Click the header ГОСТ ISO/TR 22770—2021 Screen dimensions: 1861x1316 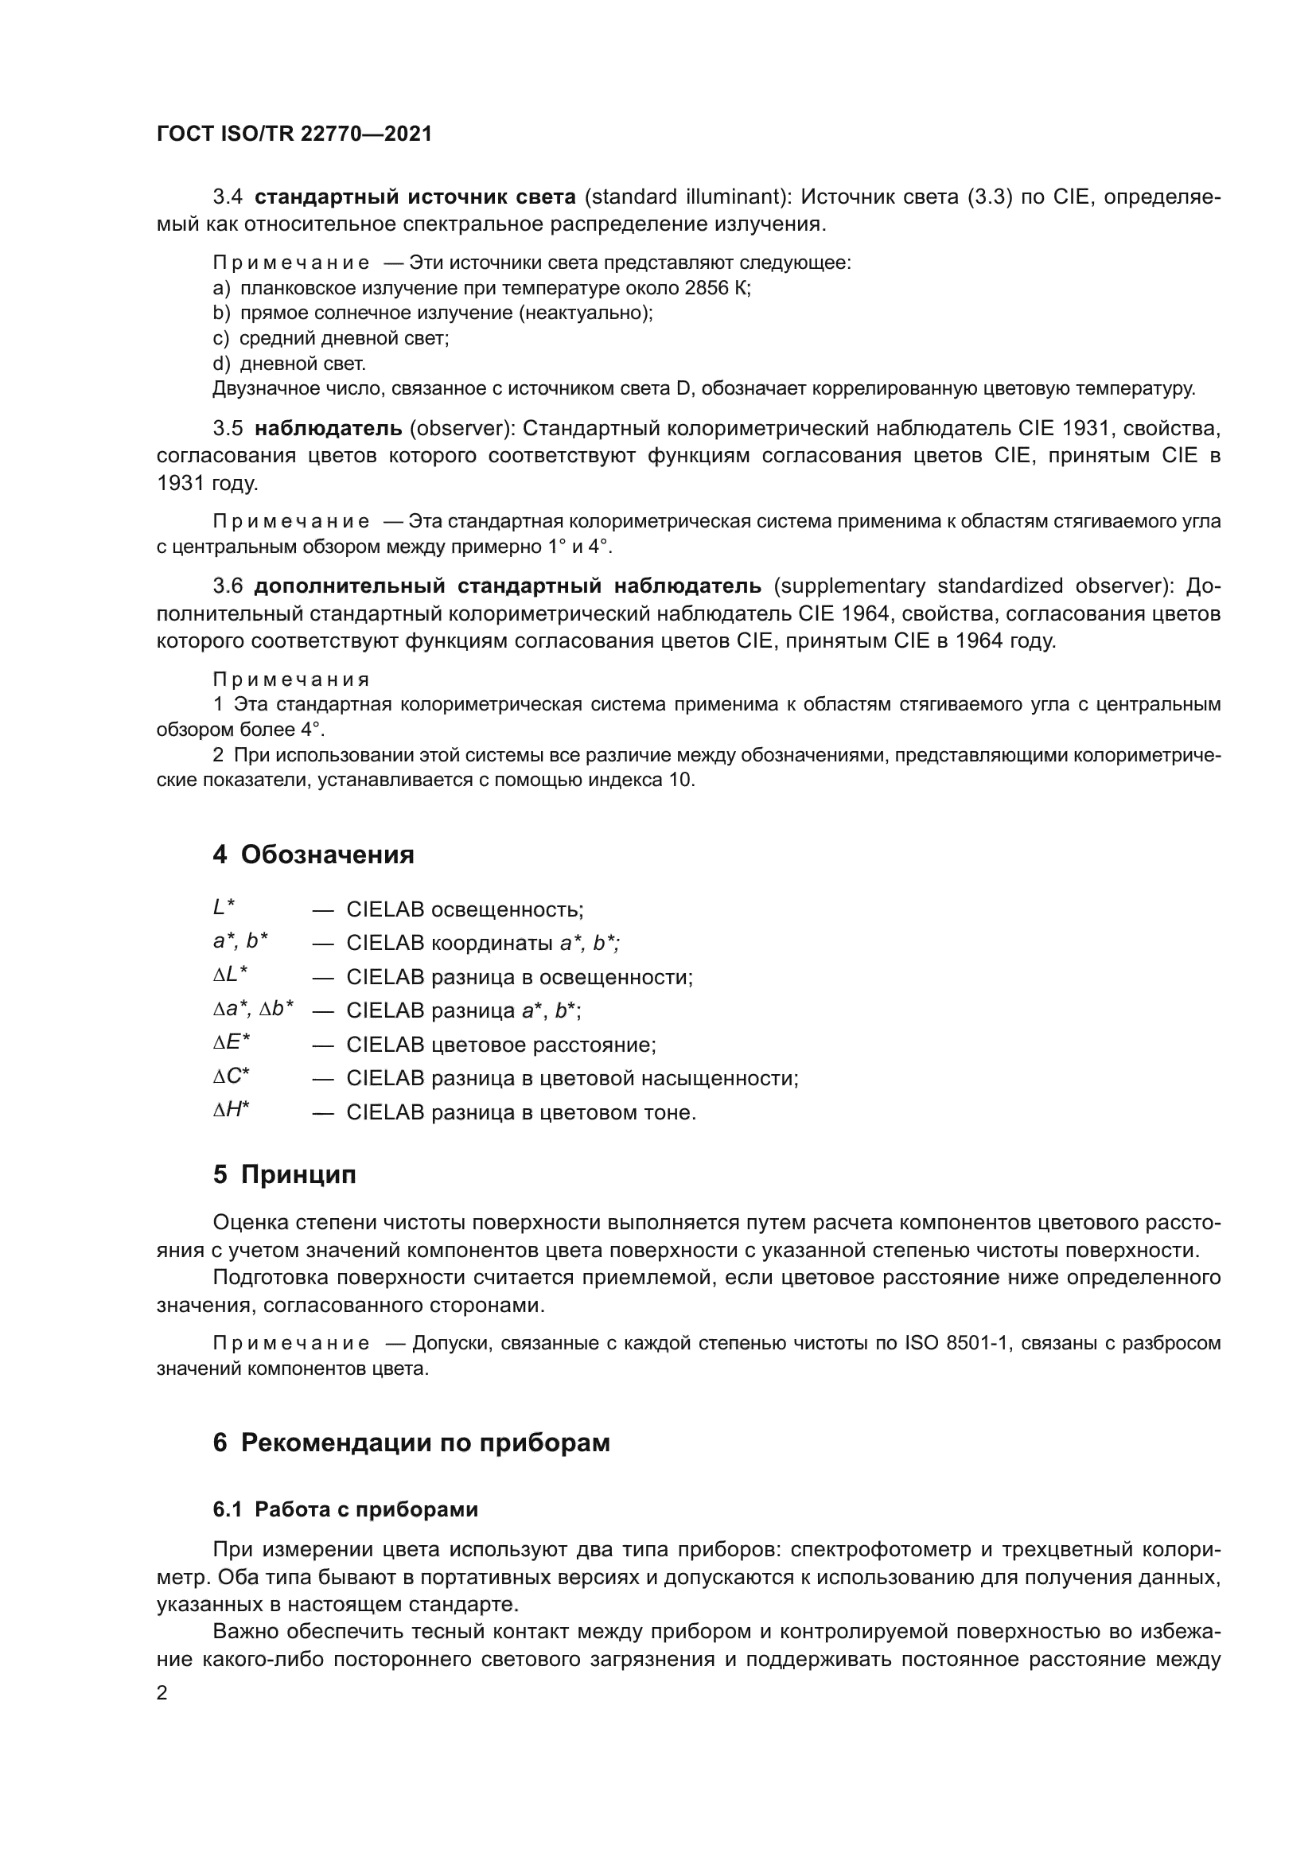click(294, 134)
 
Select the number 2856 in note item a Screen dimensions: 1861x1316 click(707, 288)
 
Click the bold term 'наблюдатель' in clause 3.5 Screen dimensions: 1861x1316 click(328, 428)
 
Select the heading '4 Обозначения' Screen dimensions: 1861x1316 click(313, 855)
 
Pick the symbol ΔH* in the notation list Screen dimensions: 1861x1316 click(231, 1110)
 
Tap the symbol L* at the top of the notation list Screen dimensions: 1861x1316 click(224, 907)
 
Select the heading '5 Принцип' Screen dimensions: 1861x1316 click(284, 1174)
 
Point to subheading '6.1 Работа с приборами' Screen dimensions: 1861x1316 click(345, 1509)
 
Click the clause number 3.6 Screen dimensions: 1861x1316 click(228, 586)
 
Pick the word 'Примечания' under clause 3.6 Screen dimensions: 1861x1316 click(291, 679)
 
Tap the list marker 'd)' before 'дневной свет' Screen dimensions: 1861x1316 click(221, 363)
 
